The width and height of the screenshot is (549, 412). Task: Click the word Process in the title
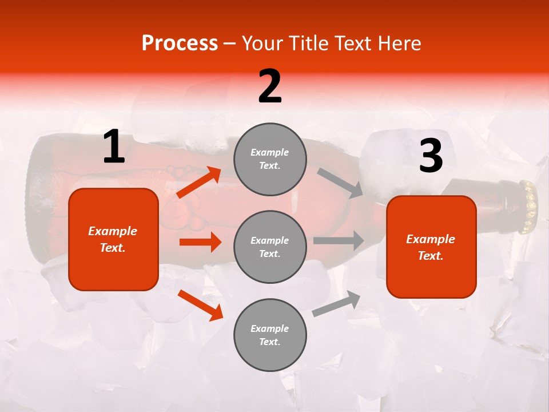180,43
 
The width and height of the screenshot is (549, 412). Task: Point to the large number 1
114,147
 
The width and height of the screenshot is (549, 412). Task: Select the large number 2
270,86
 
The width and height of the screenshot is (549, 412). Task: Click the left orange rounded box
113,239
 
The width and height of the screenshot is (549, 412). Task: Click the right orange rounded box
431,247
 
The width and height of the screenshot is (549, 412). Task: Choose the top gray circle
270,159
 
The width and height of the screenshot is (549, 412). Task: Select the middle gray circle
270,247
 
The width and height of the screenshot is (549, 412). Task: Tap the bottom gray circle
270,335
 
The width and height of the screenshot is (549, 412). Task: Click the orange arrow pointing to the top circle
199,182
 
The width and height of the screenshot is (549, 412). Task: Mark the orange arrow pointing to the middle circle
200,242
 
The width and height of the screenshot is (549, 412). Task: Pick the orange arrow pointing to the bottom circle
200,305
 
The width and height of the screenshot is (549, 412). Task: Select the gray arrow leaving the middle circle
338,240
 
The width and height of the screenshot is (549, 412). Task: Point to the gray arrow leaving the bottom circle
336,304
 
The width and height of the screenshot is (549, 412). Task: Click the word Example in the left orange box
113,231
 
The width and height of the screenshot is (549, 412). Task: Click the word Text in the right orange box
429,256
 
